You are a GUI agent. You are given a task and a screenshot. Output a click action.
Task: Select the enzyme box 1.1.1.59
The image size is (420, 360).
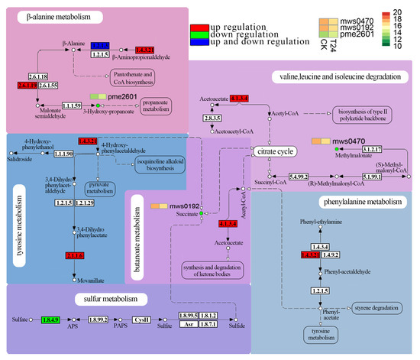(x=72, y=105)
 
